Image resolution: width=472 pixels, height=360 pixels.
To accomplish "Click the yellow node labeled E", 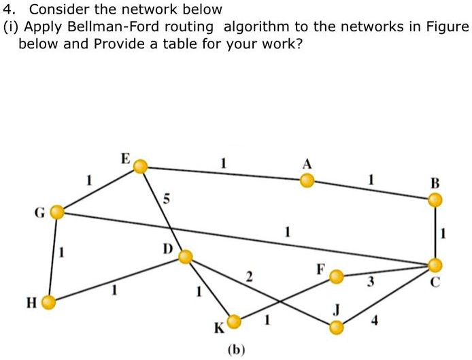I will pyautogui.click(x=140, y=166).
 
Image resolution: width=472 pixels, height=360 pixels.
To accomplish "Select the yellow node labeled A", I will pyautogui.click(x=307, y=180).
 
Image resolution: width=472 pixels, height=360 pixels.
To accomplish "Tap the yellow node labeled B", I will pyautogui.click(x=435, y=199).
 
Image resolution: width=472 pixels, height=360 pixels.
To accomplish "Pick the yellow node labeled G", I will pyautogui.click(x=57, y=213).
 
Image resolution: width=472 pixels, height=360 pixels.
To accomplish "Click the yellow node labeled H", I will pyautogui.click(x=48, y=302).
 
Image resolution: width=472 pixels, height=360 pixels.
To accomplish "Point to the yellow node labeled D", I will pyautogui.click(x=186, y=257).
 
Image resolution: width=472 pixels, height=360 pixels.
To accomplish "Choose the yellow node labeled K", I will pyautogui.click(x=234, y=321).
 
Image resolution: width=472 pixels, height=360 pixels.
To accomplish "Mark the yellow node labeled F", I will pyautogui.click(x=337, y=277).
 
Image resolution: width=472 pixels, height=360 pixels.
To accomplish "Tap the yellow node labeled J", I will pyautogui.click(x=336, y=328).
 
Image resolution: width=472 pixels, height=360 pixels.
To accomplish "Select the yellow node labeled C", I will pyautogui.click(x=435, y=265).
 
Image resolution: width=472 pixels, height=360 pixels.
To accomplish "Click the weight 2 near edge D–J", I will pyautogui.click(x=249, y=277).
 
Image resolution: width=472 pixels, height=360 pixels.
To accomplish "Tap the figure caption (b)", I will pyautogui.click(x=236, y=350).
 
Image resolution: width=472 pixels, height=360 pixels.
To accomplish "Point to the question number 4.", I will pyautogui.click(x=7, y=10).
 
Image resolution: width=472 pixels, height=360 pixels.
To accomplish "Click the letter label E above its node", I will pyautogui.click(x=125, y=159).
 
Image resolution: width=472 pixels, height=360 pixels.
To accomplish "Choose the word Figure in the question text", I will pyautogui.click(x=446, y=28).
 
